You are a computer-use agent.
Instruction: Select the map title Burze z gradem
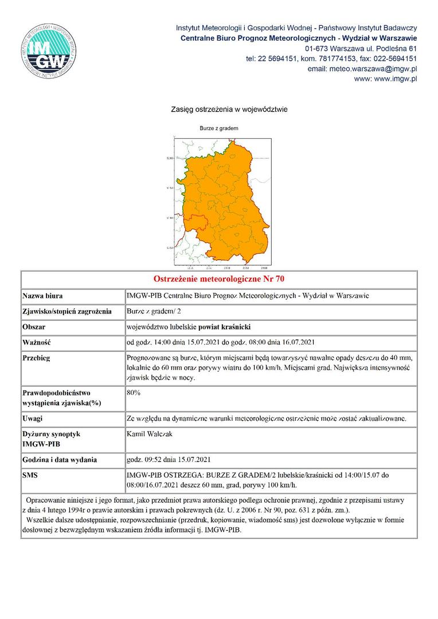[x=218, y=128]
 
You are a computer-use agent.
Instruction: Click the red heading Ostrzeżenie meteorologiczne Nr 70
[x=219, y=280]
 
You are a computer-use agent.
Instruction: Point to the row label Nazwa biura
[x=42, y=296]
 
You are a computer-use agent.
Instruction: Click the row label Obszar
[x=34, y=327]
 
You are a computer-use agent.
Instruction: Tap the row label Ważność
[x=37, y=342]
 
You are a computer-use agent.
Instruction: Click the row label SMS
[x=30, y=475]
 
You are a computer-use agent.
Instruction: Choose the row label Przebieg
[x=36, y=358]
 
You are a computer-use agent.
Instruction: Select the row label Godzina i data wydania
[x=60, y=460]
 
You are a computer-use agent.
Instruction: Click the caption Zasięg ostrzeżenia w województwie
[x=229, y=109]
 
